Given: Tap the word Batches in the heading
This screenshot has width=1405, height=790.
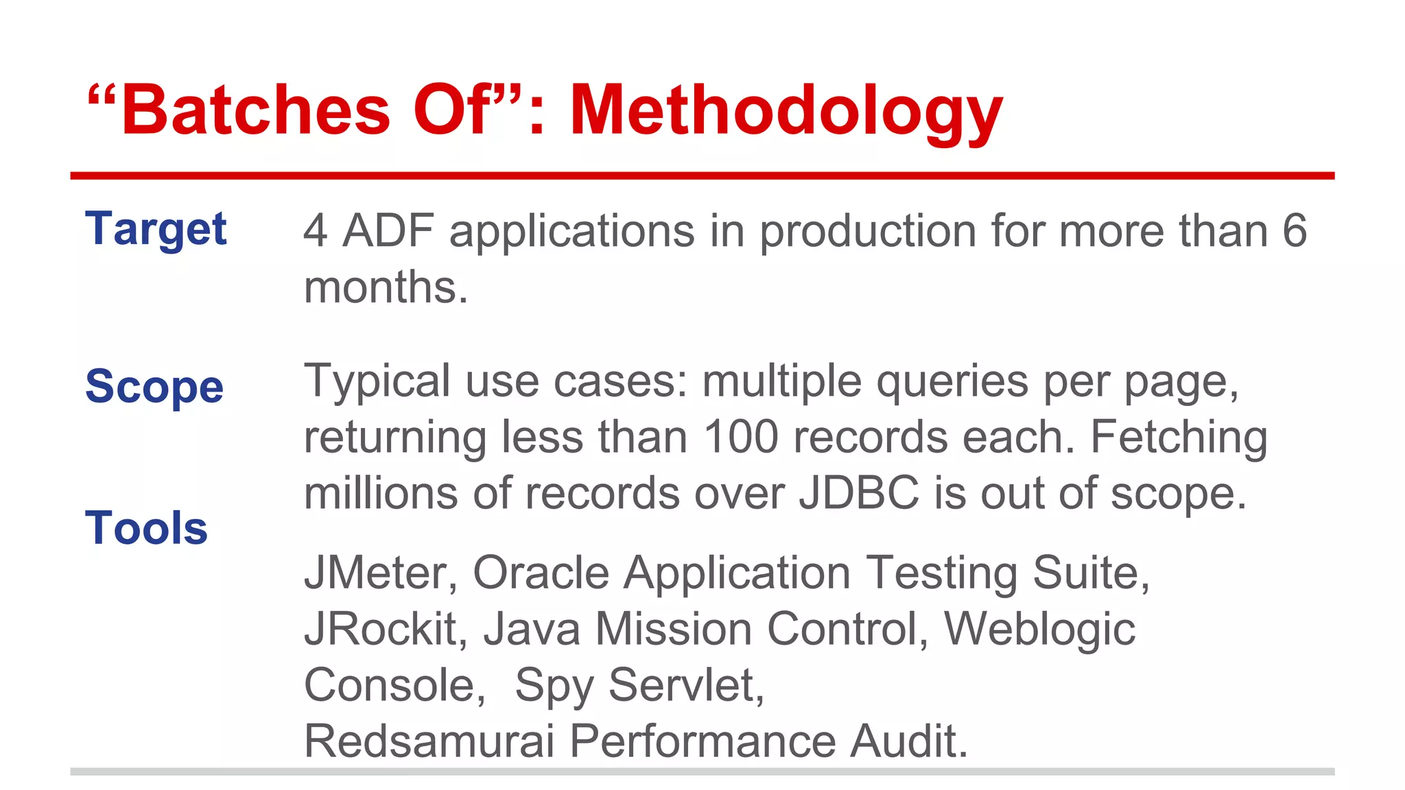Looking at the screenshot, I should click(x=255, y=110).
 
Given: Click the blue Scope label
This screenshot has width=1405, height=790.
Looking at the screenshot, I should click(x=154, y=386).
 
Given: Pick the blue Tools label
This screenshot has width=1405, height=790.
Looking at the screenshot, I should click(x=146, y=528).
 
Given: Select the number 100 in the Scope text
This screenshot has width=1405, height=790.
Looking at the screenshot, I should click(x=741, y=437).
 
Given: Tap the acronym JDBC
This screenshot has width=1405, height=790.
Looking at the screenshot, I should click(x=859, y=493).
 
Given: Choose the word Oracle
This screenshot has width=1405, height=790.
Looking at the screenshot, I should click(x=541, y=573).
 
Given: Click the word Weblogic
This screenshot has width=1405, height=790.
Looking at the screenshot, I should click(x=1039, y=629).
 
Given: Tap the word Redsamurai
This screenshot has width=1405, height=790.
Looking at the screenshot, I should click(x=429, y=741).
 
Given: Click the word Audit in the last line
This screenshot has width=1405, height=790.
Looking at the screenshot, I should click(x=909, y=741).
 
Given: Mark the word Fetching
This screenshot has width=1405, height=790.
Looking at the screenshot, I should click(x=1179, y=437).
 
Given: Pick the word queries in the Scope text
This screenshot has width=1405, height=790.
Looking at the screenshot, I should click(x=952, y=381).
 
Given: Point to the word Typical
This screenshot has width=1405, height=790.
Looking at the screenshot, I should click(x=377, y=381).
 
